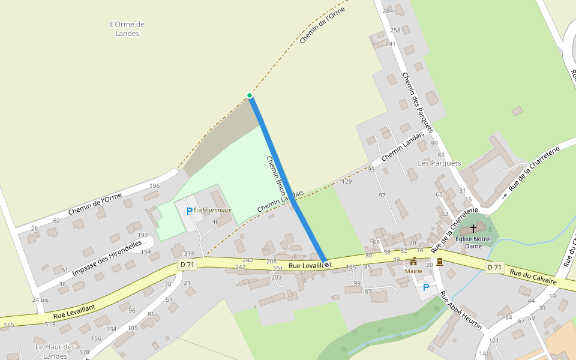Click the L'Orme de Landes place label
click(127, 29)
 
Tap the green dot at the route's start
click(250, 95)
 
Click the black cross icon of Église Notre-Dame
click(473, 229)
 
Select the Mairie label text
click(413, 271)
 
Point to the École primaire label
click(212, 210)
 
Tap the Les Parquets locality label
click(439, 163)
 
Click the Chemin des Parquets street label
click(418, 103)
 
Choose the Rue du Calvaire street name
click(533, 277)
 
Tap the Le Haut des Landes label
click(55, 351)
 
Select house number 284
click(388, 11)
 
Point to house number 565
click(8, 325)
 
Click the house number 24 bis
click(40, 299)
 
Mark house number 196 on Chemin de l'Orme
click(154, 185)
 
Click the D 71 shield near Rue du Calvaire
click(494, 267)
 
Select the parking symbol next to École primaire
click(190, 211)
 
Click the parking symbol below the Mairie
click(426, 287)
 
